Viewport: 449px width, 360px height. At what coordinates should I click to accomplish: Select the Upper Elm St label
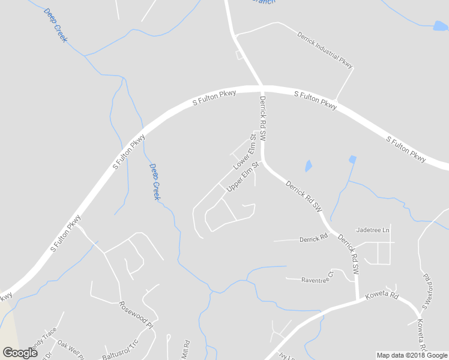243,176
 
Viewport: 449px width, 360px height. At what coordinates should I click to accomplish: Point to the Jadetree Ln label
373,230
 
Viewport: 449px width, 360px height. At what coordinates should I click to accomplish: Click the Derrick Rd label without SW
313,239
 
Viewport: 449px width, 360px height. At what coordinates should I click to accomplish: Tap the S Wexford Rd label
427,293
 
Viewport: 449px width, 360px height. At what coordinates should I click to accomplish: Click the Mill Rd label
185,349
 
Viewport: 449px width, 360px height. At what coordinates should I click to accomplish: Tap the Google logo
20,353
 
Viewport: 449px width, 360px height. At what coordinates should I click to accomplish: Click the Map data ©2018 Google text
411,355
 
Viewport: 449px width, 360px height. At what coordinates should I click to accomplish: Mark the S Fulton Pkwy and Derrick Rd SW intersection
262,88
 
